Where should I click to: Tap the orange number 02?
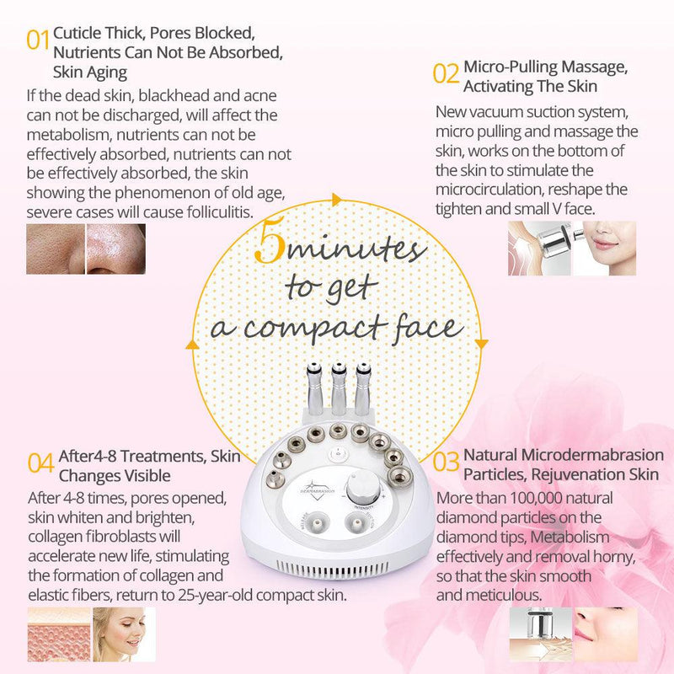[446, 73]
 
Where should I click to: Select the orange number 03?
[446, 462]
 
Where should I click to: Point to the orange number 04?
[41, 463]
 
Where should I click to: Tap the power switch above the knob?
[337, 453]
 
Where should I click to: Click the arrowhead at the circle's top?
[336, 200]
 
